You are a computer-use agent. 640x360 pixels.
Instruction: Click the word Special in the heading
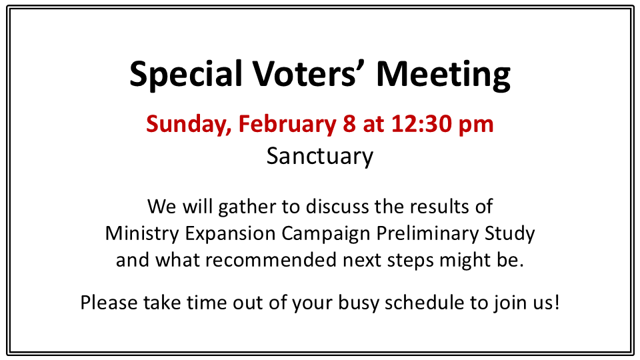pos(186,75)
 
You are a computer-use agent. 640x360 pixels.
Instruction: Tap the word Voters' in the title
pos(305,73)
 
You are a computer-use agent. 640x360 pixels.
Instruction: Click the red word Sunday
pos(189,125)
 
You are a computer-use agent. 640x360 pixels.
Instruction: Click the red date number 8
pos(349,124)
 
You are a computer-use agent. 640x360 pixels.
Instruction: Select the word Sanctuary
pos(320,157)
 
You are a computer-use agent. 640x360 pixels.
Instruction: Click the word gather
pos(247,207)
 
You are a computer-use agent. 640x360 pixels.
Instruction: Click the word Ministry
pos(142,234)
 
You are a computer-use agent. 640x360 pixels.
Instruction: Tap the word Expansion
pos(230,234)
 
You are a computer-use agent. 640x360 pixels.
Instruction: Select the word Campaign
pos(326,234)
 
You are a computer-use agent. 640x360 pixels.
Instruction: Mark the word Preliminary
pos(427,234)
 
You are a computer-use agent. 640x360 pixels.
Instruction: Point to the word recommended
pos(271,260)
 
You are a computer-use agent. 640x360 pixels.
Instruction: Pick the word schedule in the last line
pos(425,303)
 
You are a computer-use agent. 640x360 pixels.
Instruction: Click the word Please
pos(109,303)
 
